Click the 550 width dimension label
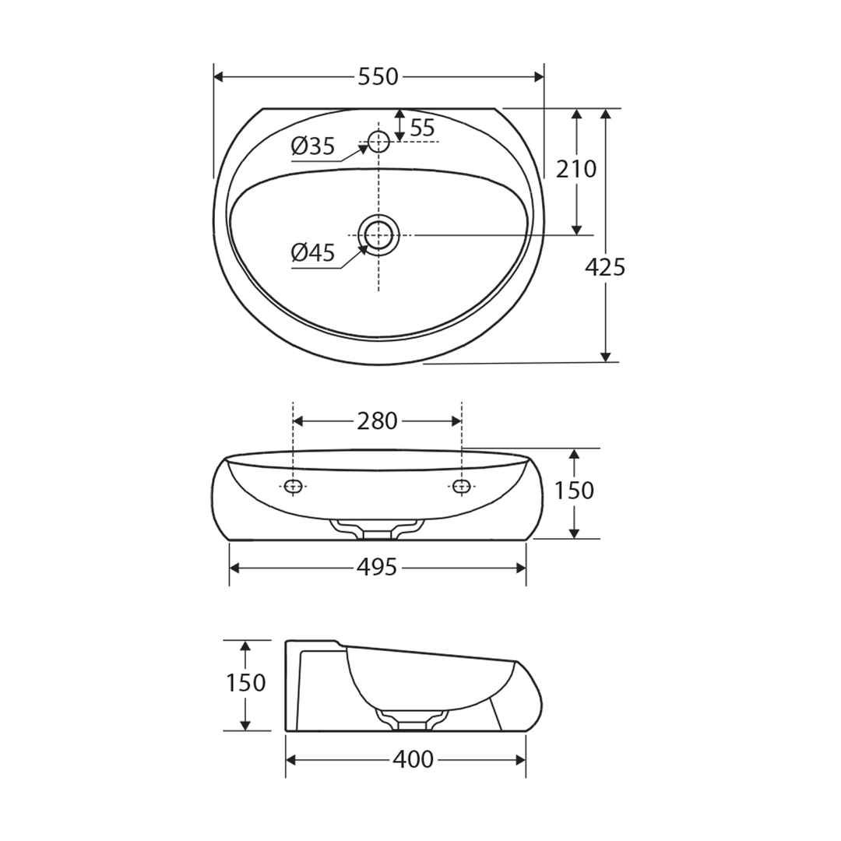point(378,77)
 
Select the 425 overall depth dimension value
point(605,267)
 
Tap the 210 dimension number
point(576,169)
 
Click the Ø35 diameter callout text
point(313,146)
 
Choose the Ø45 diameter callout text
point(313,252)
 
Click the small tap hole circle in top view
point(378,142)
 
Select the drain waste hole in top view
point(378,234)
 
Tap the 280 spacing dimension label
point(378,421)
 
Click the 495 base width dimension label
point(378,568)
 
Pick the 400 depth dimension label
point(414,759)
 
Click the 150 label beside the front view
point(574,491)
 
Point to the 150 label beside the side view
point(246,683)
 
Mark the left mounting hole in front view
point(293,487)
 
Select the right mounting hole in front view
point(462,487)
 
